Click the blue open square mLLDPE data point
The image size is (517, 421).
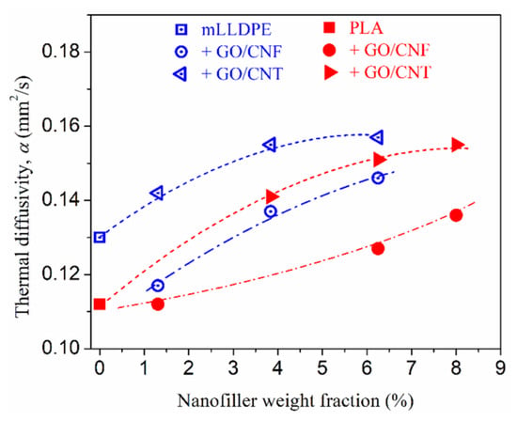(x=100, y=237)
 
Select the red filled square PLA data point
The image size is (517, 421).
(x=100, y=304)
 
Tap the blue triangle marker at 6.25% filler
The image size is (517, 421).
(x=377, y=137)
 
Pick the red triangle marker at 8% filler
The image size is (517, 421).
(x=458, y=145)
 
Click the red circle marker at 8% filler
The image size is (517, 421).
(x=456, y=215)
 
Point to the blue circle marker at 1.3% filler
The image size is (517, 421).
(x=158, y=286)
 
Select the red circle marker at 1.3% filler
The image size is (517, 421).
(x=158, y=304)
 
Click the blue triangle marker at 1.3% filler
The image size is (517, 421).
(x=158, y=193)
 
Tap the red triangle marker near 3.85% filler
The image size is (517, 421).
(x=272, y=196)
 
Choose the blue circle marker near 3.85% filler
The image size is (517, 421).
(x=271, y=211)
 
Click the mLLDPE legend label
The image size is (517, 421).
(x=237, y=30)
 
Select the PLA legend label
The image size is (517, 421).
(x=367, y=28)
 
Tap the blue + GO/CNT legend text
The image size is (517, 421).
(x=243, y=74)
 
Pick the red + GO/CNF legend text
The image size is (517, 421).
(x=389, y=51)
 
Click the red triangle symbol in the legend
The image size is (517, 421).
(x=331, y=72)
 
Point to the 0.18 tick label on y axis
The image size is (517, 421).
(x=61, y=52)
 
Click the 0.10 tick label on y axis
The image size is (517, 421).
(x=61, y=349)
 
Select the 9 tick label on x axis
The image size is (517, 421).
(x=500, y=368)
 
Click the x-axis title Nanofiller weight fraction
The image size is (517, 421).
(x=295, y=401)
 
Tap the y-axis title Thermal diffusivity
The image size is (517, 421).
(x=23, y=195)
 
